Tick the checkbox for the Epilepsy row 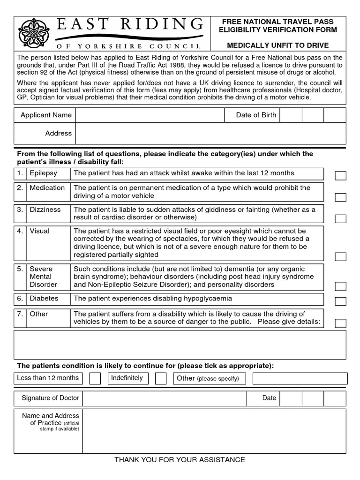[x=340, y=176]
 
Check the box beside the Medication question [x=340, y=197]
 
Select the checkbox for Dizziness [x=340, y=218]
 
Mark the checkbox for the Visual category [x=340, y=256]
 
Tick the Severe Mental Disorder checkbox [x=340, y=286]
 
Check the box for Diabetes [x=340, y=301]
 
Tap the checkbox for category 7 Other [x=340, y=323]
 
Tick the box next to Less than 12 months [x=95, y=378]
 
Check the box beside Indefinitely [x=161, y=378]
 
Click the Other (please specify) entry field [x=300, y=378]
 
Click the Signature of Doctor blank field [x=165, y=398]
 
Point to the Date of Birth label [x=256, y=115]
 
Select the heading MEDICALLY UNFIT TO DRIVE [x=278, y=45]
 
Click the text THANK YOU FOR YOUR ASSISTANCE [x=180, y=460]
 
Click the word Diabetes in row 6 [x=44, y=299]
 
